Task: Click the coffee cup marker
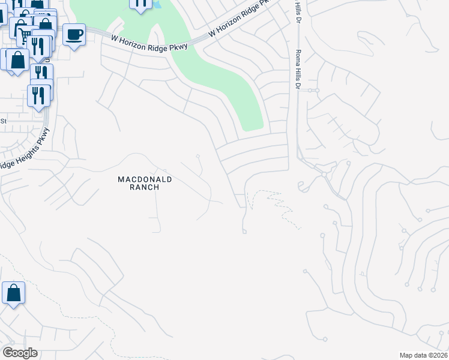click(74, 35)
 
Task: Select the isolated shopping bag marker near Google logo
click(13, 293)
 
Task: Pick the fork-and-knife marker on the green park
click(140, 4)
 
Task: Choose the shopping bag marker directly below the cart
click(17, 60)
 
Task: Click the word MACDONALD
click(145, 179)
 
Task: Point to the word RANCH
click(145, 187)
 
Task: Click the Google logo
click(20, 353)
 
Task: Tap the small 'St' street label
click(3, 121)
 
